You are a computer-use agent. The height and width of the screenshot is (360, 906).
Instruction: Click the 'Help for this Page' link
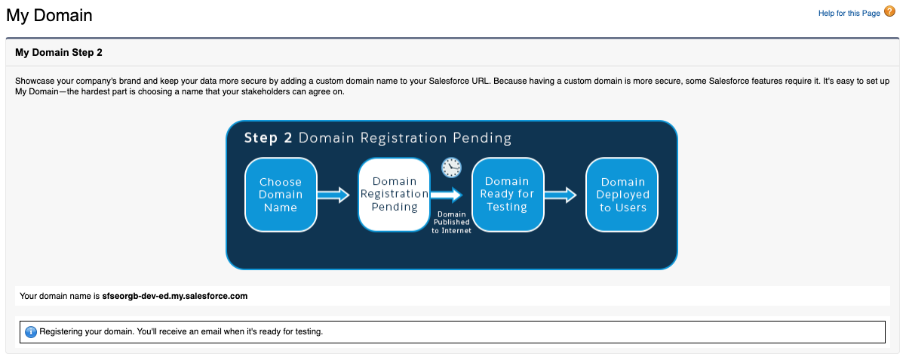tap(849, 14)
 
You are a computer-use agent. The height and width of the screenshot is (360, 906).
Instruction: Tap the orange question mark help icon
tap(889, 11)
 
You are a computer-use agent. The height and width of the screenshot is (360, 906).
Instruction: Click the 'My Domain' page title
tap(49, 16)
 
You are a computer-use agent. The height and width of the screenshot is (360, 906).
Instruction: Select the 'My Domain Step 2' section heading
tap(59, 53)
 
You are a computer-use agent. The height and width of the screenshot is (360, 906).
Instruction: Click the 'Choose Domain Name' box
tap(281, 195)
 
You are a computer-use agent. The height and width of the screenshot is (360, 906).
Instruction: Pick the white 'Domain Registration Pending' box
tap(394, 195)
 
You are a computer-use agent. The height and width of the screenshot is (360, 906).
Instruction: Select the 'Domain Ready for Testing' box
tap(508, 195)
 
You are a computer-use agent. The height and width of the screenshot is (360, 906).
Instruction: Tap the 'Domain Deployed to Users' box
tap(622, 195)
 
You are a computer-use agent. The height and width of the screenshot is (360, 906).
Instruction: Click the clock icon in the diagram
tap(451, 168)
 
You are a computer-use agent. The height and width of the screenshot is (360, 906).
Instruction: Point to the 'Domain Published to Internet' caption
tap(451, 223)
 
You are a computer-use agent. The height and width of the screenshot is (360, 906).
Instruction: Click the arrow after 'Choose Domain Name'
tap(333, 195)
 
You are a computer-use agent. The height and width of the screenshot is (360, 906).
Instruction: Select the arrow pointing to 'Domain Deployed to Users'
tap(560, 195)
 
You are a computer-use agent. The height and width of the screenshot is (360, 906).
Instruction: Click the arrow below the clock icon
tap(446, 195)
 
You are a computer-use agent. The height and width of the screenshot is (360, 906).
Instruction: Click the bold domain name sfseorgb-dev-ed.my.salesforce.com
tap(175, 296)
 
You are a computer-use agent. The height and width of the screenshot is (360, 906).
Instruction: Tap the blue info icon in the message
tap(31, 332)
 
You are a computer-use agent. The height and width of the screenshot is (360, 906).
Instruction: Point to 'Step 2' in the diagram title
tap(268, 138)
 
